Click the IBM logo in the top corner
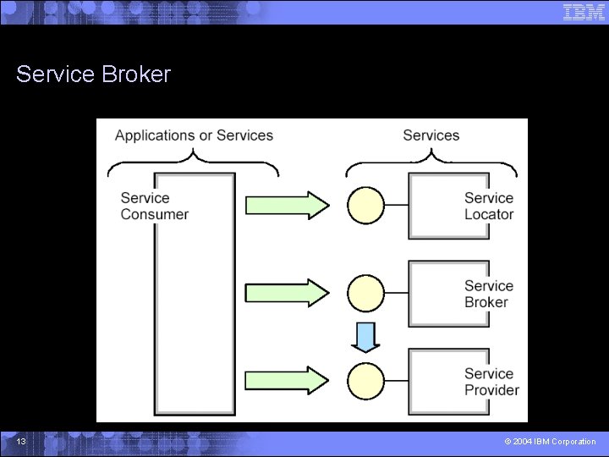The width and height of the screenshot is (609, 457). coord(584,12)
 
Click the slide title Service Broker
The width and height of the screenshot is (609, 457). coord(93,74)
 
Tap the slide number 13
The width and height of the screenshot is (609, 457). coord(21,442)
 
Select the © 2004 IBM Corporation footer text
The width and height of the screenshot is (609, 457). coord(550,442)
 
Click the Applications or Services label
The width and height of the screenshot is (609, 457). coord(194,135)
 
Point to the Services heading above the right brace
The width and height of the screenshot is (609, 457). coord(431,135)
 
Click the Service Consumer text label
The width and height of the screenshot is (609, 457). coord(154,206)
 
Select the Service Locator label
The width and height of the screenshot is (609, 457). coord(489,206)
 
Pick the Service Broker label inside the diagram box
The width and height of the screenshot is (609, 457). coord(487,294)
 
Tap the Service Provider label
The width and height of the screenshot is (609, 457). coord(491,382)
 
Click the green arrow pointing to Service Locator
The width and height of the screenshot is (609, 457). coord(287,205)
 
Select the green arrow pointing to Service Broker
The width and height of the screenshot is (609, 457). coord(287,293)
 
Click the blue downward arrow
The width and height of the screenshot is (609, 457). coord(365,335)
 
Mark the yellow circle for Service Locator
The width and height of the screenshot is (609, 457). coord(366,206)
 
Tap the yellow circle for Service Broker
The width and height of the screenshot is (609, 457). coord(366,293)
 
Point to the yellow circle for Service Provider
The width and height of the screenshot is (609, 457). coord(366,381)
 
